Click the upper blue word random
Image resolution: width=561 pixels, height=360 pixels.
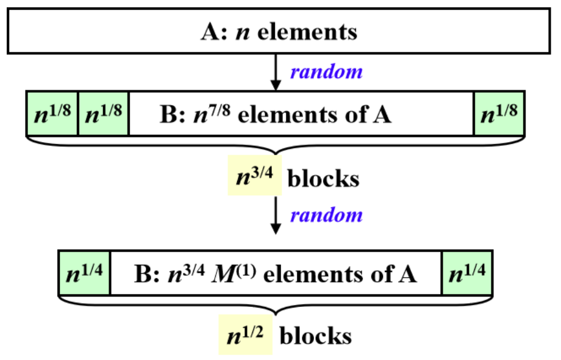(x=326, y=71)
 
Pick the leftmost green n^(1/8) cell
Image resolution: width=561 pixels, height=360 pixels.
(x=52, y=113)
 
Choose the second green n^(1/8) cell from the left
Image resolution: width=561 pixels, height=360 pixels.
(x=104, y=113)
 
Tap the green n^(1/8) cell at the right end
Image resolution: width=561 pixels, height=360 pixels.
(x=499, y=113)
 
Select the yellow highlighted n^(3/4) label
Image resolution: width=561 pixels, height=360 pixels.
(x=254, y=177)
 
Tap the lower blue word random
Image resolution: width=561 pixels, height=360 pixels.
(x=326, y=215)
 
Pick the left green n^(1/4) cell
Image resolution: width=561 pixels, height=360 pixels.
(x=84, y=272)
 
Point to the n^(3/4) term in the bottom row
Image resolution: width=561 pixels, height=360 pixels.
(x=186, y=272)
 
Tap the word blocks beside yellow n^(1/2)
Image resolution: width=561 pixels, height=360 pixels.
(x=315, y=336)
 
